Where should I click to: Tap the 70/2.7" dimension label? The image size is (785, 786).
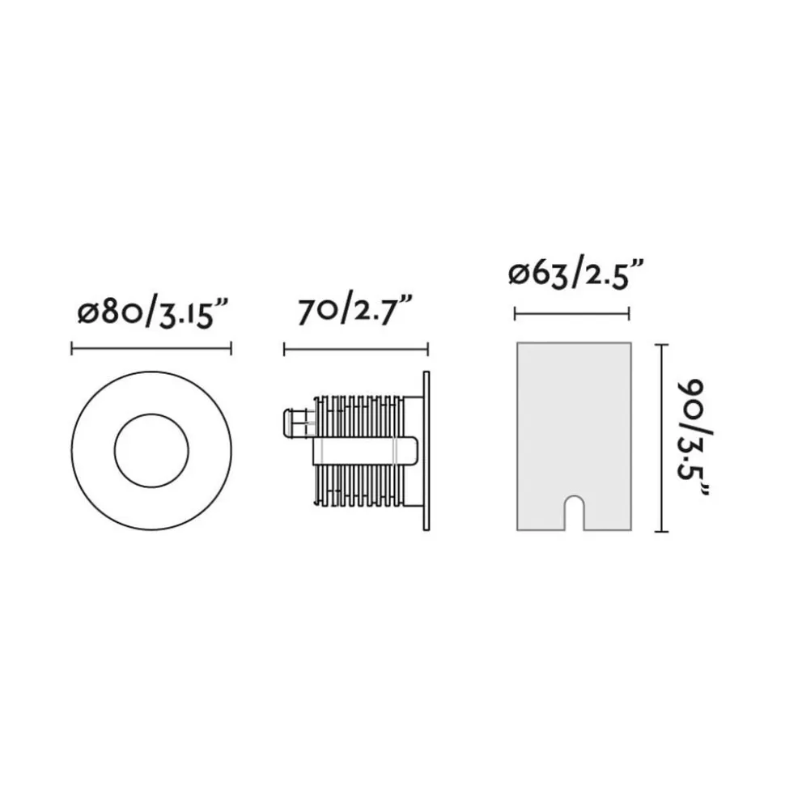pos(356,311)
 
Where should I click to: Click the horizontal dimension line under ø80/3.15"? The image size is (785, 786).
pos(151,349)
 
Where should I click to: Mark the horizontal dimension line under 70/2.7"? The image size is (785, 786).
pos(355,349)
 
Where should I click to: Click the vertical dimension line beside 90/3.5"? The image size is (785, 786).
pos(664,437)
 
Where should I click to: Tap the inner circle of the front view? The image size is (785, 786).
pos(151,450)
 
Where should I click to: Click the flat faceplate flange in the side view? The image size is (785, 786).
pos(426,450)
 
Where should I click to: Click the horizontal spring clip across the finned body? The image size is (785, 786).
pos(364,450)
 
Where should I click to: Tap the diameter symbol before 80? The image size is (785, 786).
pos(87,314)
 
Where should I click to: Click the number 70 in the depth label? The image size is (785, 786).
pos(314,311)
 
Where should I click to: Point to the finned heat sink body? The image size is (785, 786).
pos(356,486)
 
